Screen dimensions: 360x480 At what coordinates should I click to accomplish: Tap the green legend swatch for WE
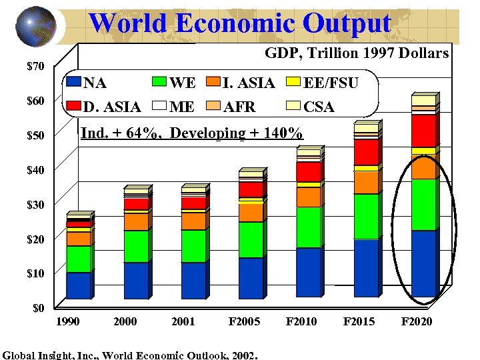pyautogui.click(x=159, y=83)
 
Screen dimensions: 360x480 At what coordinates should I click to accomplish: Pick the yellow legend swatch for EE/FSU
pyautogui.click(x=292, y=83)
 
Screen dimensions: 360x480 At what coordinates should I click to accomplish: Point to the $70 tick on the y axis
pyautogui.click(x=35, y=67)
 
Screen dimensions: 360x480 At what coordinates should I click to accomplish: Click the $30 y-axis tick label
pyautogui.click(x=35, y=205)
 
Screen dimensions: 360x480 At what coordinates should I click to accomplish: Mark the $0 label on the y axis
pyautogui.click(x=38, y=308)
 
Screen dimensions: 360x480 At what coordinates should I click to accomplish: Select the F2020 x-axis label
pyautogui.click(x=416, y=322)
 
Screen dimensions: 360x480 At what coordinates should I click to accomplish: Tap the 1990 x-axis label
pyautogui.click(x=67, y=322)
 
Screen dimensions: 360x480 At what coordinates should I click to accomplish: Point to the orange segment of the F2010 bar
pyautogui.click(x=308, y=197)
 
